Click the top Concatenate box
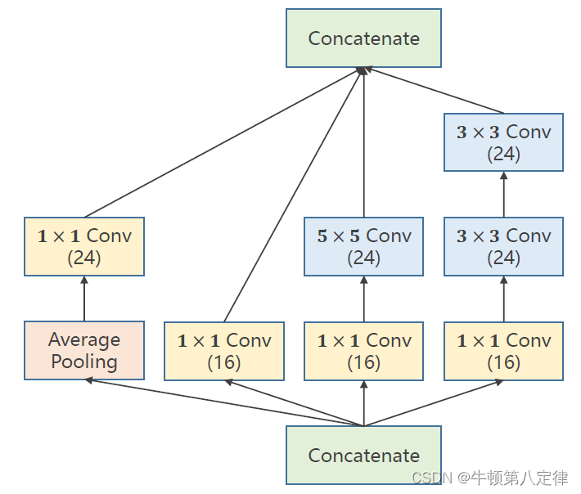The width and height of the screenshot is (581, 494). click(x=363, y=38)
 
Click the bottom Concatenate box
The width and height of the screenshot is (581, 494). click(x=363, y=455)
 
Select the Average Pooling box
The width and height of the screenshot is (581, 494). click(x=84, y=350)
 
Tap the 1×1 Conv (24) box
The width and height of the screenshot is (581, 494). click(x=84, y=246)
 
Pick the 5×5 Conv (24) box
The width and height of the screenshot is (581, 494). click(x=363, y=246)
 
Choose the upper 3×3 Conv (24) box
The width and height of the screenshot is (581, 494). click(x=503, y=142)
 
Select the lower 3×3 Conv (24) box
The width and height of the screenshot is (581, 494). click(x=503, y=246)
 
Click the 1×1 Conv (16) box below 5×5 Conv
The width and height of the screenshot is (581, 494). click(x=363, y=351)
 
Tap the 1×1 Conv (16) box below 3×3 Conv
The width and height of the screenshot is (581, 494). click(x=503, y=351)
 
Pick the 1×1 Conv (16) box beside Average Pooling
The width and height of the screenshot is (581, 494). click(x=223, y=351)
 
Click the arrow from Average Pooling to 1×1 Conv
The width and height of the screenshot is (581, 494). click(x=84, y=299)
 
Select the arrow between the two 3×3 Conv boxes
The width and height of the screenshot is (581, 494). click(x=503, y=194)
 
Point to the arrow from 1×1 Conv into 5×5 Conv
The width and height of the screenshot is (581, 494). click(x=363, y=299)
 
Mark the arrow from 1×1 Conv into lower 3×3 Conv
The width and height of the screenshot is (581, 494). click(x=503, y=299)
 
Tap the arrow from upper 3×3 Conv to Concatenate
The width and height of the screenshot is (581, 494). click(x=434, y=92)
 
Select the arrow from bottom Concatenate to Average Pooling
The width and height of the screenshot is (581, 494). click(x=221, y=402)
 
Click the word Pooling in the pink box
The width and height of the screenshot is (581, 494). click(x=84, y=362)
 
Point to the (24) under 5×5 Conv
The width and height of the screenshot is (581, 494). click(x=363, y=258)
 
